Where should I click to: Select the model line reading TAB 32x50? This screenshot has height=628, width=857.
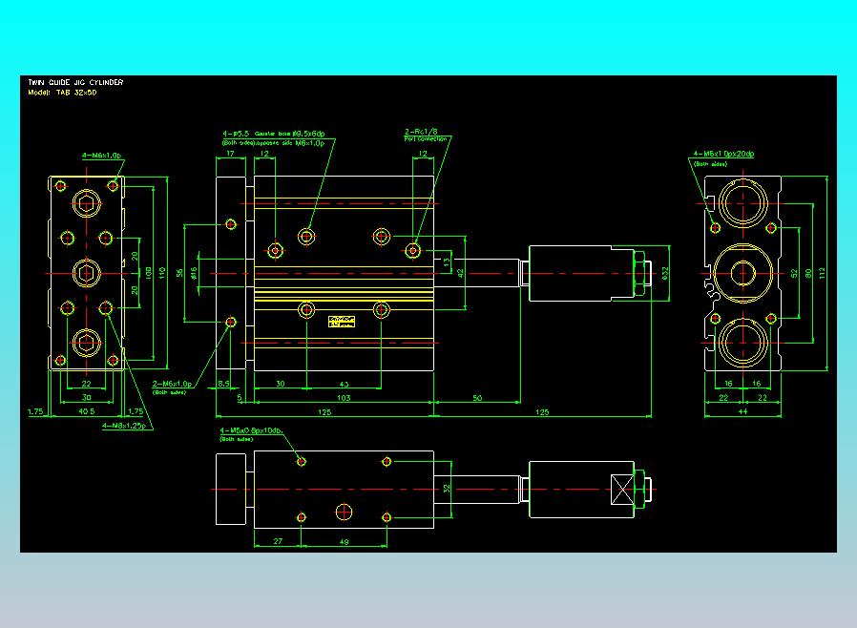pos(63,93)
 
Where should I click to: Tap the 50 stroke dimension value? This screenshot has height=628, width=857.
pos(476,397)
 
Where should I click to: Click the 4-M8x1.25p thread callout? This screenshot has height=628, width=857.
pos(125,426)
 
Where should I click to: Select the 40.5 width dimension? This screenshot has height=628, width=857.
pos(86,412)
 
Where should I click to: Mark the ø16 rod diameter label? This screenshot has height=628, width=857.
pos(195,273)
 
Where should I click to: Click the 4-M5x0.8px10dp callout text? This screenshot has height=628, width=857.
pos(251,431)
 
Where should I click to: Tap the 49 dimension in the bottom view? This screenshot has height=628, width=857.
pos(345,541)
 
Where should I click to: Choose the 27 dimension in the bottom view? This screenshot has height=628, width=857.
pos(278,541)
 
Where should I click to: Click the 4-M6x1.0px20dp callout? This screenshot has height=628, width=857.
pos(723,154)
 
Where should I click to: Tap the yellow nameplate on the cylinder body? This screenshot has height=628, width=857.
pos(341,321)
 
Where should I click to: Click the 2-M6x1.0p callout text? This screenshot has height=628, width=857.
pos(173,384)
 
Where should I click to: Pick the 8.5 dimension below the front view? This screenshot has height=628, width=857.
pos(224,384)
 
